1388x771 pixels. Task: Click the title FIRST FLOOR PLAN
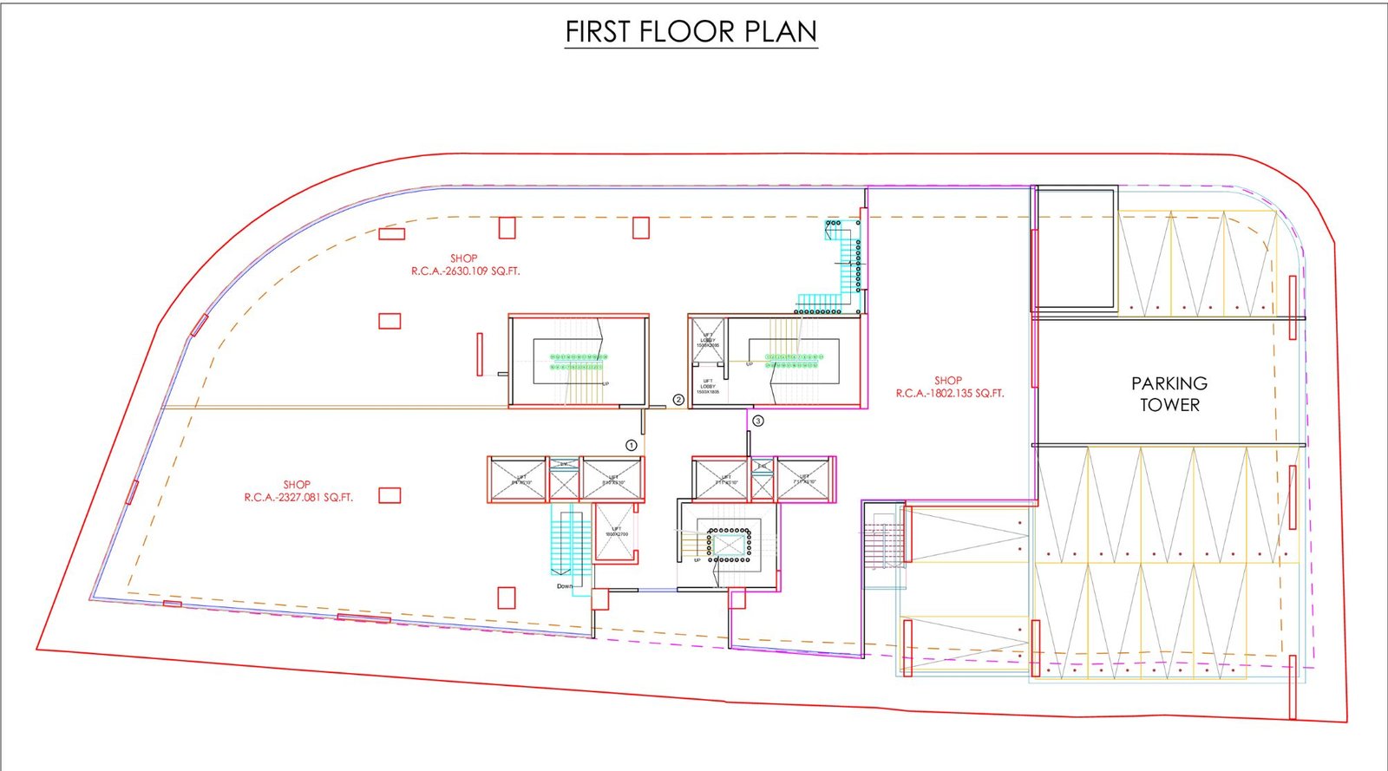[691, 32]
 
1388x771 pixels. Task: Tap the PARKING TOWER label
[1169, 394]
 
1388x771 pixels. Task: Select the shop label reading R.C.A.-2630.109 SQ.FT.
[465, 271]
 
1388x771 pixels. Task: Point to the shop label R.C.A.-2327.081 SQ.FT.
[298, 497]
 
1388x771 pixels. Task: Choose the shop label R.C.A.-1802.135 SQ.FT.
[949, 393]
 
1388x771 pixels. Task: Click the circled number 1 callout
[632, 445]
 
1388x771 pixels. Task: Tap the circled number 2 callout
[678, 400]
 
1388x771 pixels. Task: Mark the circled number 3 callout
[758, 421]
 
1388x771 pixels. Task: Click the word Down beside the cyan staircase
[565, 586]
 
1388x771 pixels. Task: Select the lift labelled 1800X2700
[616, 532]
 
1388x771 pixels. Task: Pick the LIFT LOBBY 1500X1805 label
[708, 387]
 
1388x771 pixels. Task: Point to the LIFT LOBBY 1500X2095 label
[708, 340]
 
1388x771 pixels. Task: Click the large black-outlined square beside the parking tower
[1077, 249]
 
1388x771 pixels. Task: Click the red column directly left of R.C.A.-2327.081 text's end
[390, 495]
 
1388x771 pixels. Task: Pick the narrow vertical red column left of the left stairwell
[480, 354]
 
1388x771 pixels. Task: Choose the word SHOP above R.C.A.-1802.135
[948, 380]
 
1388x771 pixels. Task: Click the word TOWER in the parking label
[1169, 405]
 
